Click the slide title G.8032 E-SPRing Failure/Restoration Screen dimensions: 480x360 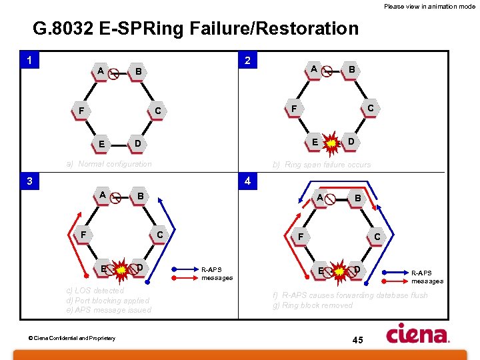coord(195,29)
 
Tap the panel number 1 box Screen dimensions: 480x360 coord(29,61)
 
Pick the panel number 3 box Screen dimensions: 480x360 coord(29,181)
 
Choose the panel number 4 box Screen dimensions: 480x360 coord(247,181)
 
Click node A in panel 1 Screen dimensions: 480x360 coord(99,71)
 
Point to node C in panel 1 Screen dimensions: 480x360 coord(157,110)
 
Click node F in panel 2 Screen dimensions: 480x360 coord(293,107)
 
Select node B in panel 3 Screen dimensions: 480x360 coord(139,197)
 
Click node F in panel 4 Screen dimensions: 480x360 coord(301,236)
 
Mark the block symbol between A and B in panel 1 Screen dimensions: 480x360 coord(115,73)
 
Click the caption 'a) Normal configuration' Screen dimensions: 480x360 coord(109,163)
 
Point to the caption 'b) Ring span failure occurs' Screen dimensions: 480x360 coord(321,165)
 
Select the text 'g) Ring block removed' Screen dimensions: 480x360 coord(313,305)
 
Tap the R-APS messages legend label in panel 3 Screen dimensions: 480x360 coord(217,273)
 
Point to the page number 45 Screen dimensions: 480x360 coord(357,340)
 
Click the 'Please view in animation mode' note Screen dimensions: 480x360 coord(429,6)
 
